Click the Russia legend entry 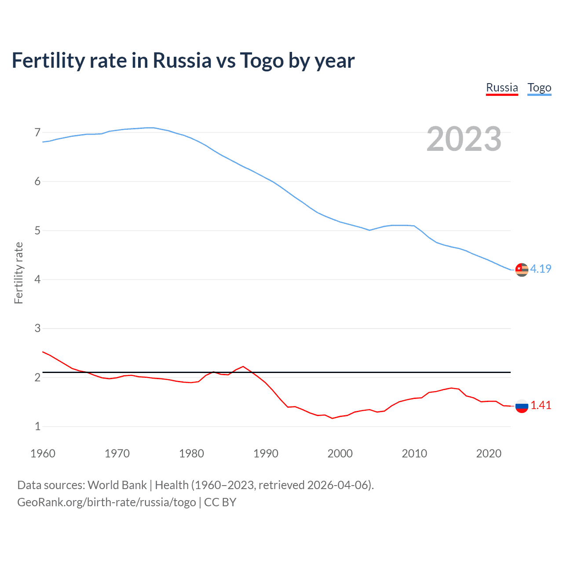[x=502, y=88]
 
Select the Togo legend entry [x=539, y=88]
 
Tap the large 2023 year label [x=464, y=139]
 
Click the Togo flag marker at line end [x=522, y=269]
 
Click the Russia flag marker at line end [x=522, y=406]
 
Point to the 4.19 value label [x=541, y=269]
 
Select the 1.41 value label [x=541, y=406]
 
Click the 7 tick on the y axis [x=37, y=132]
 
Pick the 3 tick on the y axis [x=37, y=329]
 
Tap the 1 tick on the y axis [x=37, y=426]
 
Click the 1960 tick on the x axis [x=43, y=453]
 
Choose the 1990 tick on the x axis [x=266, y=453]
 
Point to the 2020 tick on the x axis [x=489, y=453]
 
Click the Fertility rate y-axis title [x=18, y=273]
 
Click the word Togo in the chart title [x=262, y=61]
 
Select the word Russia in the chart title [x=182, y=61]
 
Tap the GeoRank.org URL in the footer [x=106, y=502]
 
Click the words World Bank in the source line [x=117, y=485]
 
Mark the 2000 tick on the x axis [x=340, y=453]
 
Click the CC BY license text [x=220, y=502]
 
